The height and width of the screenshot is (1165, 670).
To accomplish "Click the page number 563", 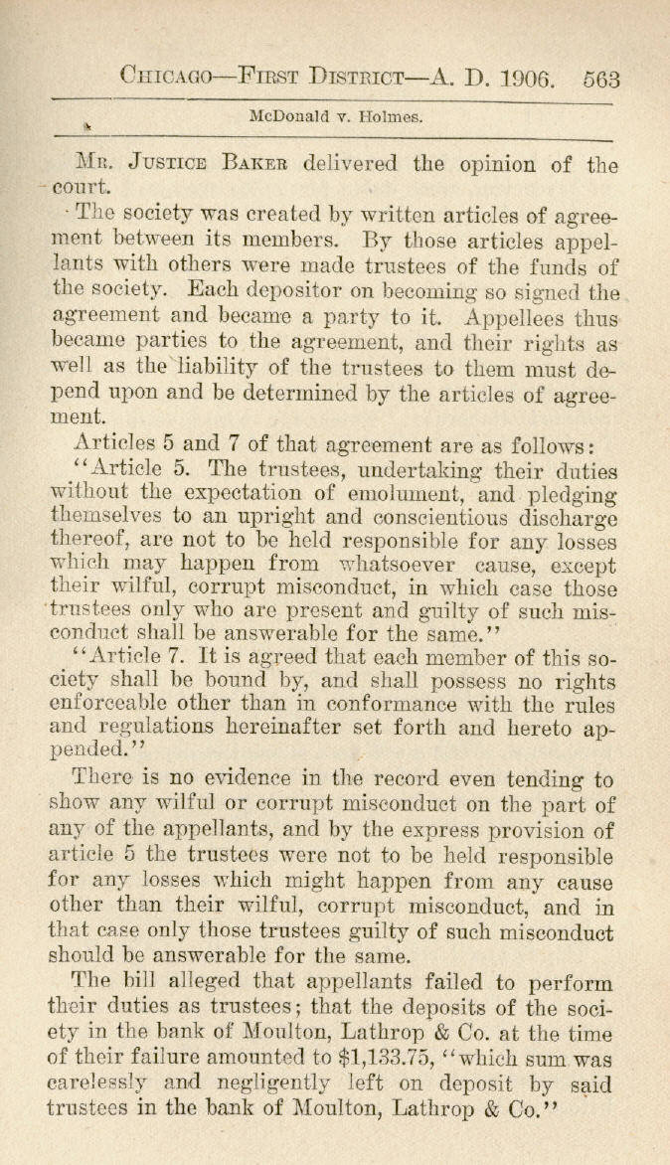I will (600, 77).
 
